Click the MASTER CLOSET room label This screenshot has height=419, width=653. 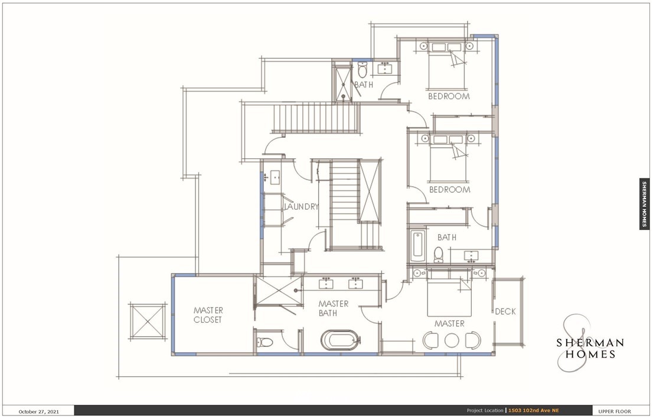click(x=208, y=315)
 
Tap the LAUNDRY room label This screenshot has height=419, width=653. click(x=302, y=206)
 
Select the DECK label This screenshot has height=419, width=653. click(x=505, y=311)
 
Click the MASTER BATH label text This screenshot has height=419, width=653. click(x=333, y=308)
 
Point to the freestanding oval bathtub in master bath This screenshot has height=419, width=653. click(x=341, y=340)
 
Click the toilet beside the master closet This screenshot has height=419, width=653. click(x=265, y=342)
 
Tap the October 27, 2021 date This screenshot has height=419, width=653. click(x=39, y=411)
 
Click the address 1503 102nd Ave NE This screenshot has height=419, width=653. click(x=534, y=411)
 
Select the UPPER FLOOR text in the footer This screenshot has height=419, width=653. click(x=615, y=411)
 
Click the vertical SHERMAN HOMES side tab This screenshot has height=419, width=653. click(x=644, y=204)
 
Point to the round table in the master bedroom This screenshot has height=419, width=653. click(x=452, y=340)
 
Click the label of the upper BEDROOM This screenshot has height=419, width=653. click(x=449, y=96)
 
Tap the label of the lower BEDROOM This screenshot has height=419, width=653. click(x=450, y=190)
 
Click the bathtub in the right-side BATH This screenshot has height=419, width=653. click(x=417, y=245)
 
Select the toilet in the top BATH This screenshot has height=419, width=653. click(x=363, y=70)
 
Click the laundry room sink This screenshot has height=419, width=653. click(x=275, y=177)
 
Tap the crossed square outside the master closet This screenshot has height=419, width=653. click(x=148, y=321)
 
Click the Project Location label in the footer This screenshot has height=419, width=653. click(x=485, y=411)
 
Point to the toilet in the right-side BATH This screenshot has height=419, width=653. click(x=439, y=254)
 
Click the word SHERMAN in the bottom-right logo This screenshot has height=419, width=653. click(x=590, y=343)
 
